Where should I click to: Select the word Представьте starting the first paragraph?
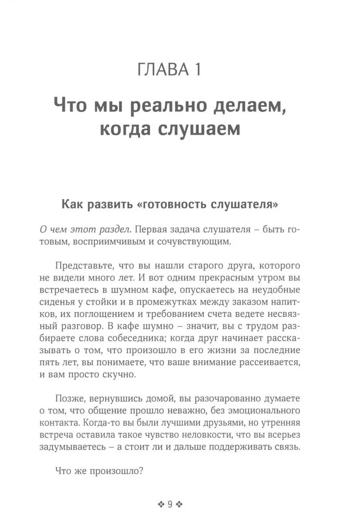pyautogui.click(x=85, y=266)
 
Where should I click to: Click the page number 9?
pyautogui.click(x=170, y=504)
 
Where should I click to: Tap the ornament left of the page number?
pyautogui.click(x=161, y=504)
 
